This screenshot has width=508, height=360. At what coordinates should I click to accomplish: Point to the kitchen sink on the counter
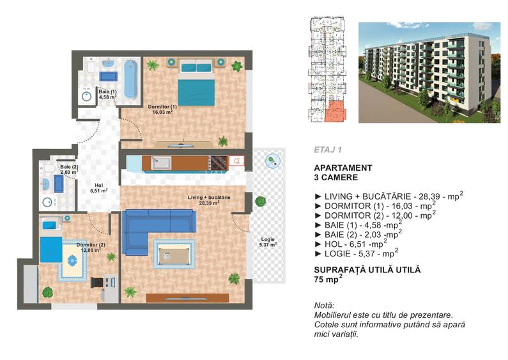(x=160, y=162)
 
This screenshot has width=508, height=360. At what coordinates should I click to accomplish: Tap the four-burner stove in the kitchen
(x=218, y=162)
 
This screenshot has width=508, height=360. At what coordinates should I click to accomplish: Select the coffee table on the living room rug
(x=172, y=254)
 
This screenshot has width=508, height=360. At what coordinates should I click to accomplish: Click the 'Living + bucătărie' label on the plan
(x=209, y=200)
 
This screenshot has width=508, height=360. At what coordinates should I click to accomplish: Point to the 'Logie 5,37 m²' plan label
(x=268, y=242)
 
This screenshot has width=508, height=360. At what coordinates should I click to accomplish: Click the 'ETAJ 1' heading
(x=328, y=150)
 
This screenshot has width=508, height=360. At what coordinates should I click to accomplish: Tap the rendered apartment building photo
(x=427, y=73)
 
